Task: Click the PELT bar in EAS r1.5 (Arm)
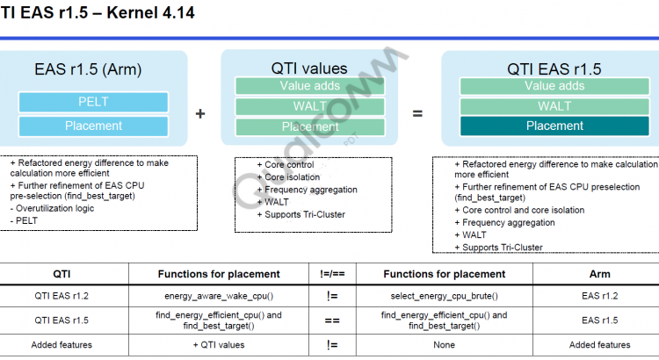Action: tap(93, 102)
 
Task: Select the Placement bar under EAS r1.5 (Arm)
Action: tap(93, 126)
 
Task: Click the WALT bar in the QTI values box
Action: tap(309, 106)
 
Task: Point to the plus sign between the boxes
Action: tap(200, 113)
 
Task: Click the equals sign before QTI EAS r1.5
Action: tap(417, 113)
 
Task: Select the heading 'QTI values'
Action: tap(309, 68)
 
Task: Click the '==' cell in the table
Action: tap(332, 320)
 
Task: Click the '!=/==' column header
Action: tap(332, 274)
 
